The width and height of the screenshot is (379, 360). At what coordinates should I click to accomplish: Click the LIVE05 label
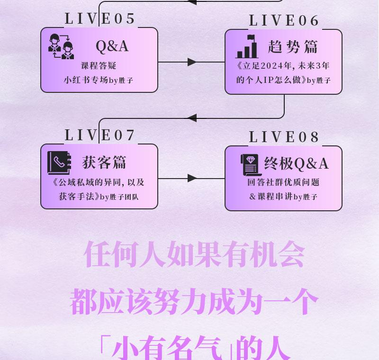[x=100, y=19]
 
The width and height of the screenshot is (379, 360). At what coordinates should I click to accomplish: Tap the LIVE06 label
[x=284, y=21]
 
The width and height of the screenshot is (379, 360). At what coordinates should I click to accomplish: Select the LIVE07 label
[x=100, y=135]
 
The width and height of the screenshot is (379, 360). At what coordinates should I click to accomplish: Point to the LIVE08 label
[x=284, y=137]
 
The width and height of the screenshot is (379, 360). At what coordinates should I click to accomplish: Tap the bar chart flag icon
[x=247, y=46]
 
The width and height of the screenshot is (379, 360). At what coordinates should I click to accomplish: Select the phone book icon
[x=59, y=163]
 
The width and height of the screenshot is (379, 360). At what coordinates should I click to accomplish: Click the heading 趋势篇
[x=293, y=47]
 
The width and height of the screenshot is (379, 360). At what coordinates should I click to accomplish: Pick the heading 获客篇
[x=104, y=162]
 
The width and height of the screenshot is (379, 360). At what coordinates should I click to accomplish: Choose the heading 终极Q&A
[x=296, y=164]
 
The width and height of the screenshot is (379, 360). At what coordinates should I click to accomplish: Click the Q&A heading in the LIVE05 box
[x=112, y=46]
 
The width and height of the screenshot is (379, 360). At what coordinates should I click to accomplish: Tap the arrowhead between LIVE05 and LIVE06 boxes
[x=192, y=62]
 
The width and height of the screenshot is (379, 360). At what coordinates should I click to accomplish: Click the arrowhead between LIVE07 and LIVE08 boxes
[x=192, y=178]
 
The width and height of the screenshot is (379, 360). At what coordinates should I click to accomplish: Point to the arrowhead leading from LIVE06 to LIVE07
[x=192, y=118]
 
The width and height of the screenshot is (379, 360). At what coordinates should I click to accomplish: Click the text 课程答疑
[x=99, y=66]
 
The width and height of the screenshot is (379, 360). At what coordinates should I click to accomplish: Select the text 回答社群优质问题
[x=283, y=182]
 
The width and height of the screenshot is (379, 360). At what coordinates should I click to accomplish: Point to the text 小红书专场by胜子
[x=99, y=81]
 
